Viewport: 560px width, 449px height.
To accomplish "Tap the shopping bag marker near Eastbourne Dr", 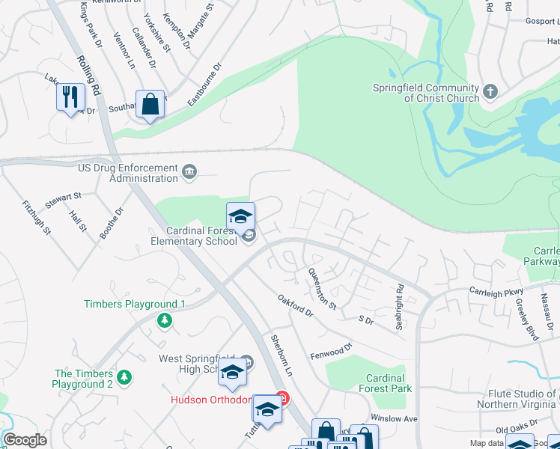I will coord(150,104).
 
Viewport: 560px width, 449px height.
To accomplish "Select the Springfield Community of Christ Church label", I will coord(426,93).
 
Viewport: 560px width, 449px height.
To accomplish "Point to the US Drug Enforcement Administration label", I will coord(127,174).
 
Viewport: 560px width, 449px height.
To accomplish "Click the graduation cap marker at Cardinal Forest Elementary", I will coord(240,217).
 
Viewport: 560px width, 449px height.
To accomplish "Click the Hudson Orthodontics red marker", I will coord(281,397).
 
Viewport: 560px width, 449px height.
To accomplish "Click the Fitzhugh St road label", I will coord(36,217).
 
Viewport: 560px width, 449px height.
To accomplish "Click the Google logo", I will coord(25,440).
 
